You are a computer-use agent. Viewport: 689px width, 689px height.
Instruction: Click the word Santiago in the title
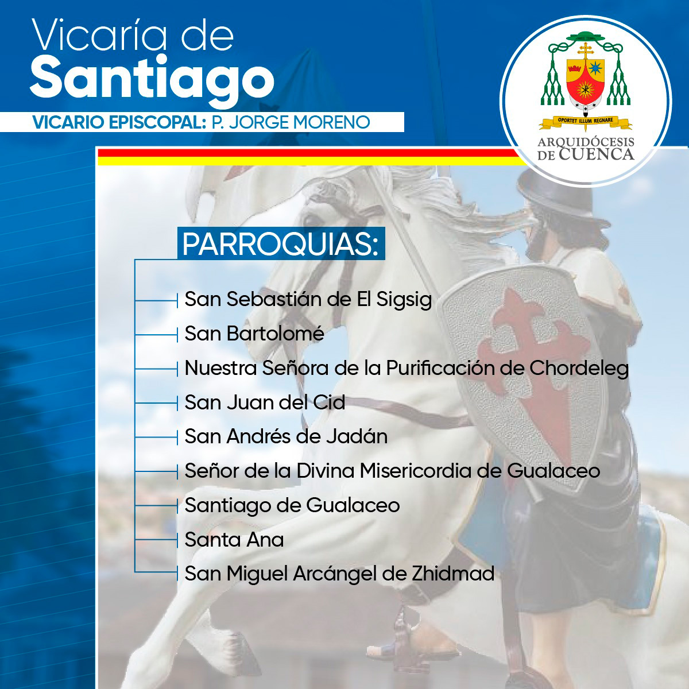[152, 80]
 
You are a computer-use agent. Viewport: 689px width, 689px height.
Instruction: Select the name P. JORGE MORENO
[291, 122]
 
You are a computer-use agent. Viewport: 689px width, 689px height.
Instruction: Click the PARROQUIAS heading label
[281, 243]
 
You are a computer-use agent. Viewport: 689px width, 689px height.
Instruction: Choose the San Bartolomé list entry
[254, 333]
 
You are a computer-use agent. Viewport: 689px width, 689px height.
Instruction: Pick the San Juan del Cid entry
[265, 402]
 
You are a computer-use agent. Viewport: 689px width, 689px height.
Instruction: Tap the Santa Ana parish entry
[234, 539]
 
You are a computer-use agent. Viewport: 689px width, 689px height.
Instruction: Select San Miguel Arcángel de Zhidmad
[339, 574]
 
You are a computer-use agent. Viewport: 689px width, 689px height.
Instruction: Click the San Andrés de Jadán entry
[286, 436]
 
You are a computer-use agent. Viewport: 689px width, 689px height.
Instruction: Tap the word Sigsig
[404, 300]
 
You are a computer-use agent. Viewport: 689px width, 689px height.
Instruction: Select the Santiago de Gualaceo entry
[292, 506]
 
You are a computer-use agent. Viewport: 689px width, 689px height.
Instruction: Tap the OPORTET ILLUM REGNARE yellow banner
[585, 122]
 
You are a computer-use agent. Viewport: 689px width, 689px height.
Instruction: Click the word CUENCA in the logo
[597, 154]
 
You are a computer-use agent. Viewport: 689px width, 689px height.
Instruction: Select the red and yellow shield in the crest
[586, 82]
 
